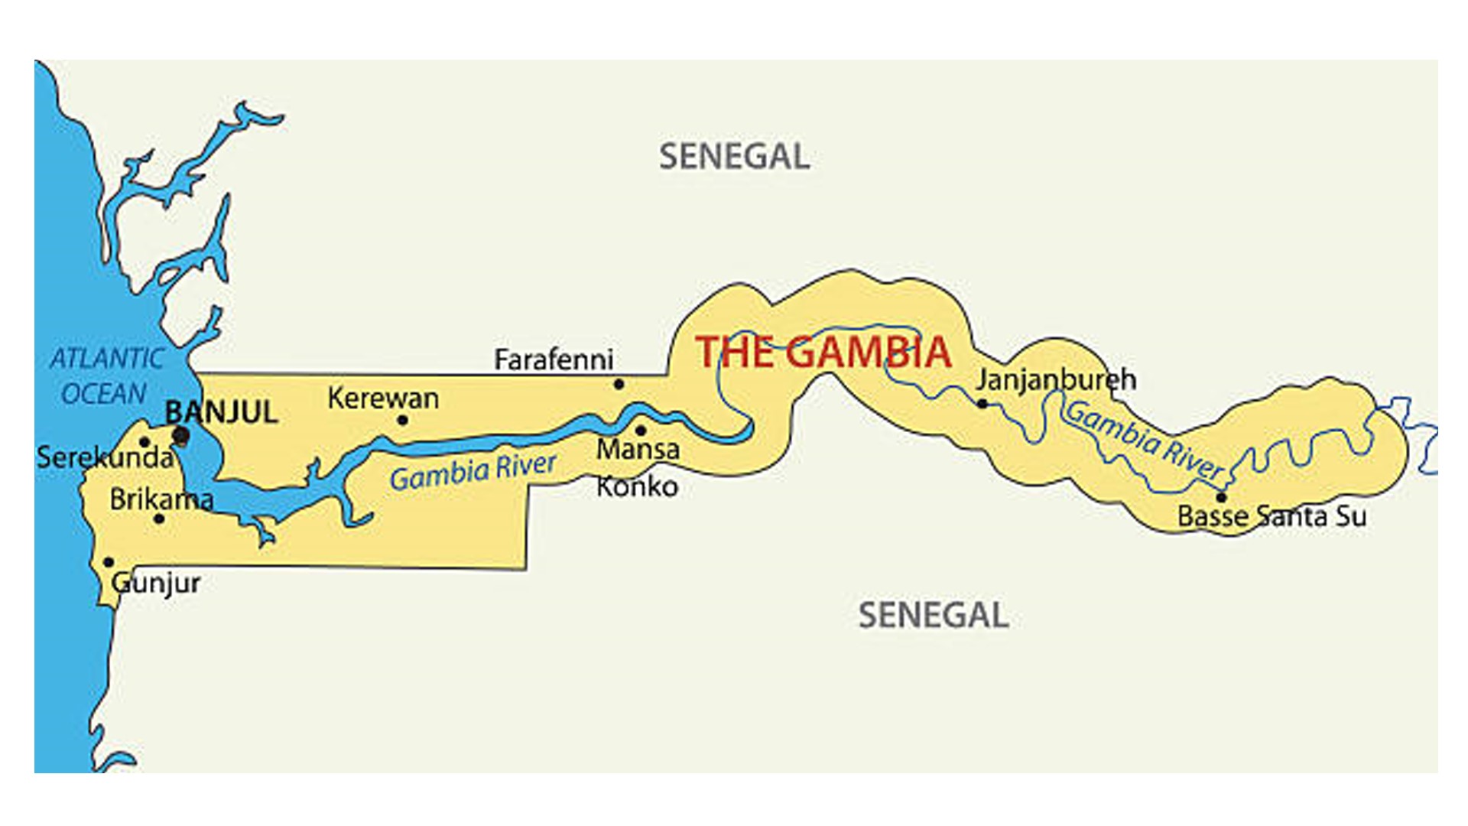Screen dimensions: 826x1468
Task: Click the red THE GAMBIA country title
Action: click(x=823, y=353)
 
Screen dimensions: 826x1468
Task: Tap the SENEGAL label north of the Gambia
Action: click(x=734, y=157)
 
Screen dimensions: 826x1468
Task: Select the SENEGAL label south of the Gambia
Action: click(x=933, y=615)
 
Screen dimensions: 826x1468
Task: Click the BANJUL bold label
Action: click(x=222, y=413)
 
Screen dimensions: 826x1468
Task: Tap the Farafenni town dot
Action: click(x=619, y=384)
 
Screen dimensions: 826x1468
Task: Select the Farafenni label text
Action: click(x=554, y=359)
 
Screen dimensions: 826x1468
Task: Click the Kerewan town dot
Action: click(x=403, y=419)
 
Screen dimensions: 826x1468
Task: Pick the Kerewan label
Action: click(x=383, y=398)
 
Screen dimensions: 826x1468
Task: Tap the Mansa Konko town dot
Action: click(x=641, y=430)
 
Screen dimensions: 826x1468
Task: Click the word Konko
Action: click(x=637, y=486)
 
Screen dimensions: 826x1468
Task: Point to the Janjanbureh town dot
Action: click(x=982, y=403)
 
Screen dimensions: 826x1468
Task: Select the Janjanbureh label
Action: click(x=1055, y=379)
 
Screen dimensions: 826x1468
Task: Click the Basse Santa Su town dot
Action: click(x=1221, y=497)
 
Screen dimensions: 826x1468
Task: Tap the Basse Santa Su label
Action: click(x=1272, y=516)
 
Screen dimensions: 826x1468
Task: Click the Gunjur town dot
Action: click(x=109, y=562)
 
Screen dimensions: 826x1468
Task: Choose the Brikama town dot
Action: click(x=159, y=519)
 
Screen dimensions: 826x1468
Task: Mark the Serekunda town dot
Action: click(x=144, y=442)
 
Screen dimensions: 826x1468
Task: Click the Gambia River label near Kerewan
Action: click(x=473, y=471)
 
